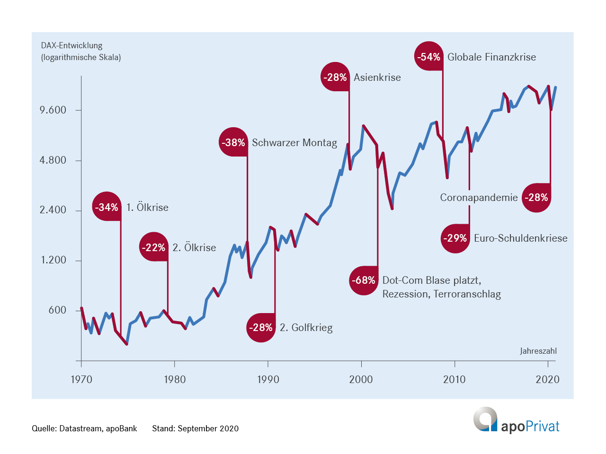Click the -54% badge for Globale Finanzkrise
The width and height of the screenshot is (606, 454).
[x=429, y=57]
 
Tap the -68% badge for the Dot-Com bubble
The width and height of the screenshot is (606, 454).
[x=364, y=280]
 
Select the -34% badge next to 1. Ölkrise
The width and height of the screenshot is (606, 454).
[x=107, y=207]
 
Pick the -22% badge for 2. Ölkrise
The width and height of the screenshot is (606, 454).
[x=154, y=247]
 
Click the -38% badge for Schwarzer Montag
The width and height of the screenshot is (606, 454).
[x=233, y=142]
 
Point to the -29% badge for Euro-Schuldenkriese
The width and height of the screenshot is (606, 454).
[x=455, y=238]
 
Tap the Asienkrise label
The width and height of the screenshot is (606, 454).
[x=377, y=78]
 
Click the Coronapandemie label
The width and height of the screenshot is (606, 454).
[x=479, y=198]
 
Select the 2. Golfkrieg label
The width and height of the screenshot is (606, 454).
[x=306, y=328]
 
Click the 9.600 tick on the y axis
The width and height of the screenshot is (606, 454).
[x=53, y=110]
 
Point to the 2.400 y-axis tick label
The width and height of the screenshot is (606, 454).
[x=53, y=210]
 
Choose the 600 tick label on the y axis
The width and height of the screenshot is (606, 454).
[x=57, y=310]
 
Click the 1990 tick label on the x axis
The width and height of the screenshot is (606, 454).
[x=268, y=379]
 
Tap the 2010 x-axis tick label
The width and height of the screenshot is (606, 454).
[x=454, y=379]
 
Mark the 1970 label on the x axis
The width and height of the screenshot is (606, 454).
[x=81, y=379]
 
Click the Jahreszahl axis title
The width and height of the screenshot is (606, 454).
[x=538, y=351]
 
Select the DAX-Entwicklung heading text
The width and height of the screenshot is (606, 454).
[x=71, y=45]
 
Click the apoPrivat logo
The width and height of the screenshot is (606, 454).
[x=516, y=420]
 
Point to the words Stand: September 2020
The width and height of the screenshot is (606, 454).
[x=195, y=428]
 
